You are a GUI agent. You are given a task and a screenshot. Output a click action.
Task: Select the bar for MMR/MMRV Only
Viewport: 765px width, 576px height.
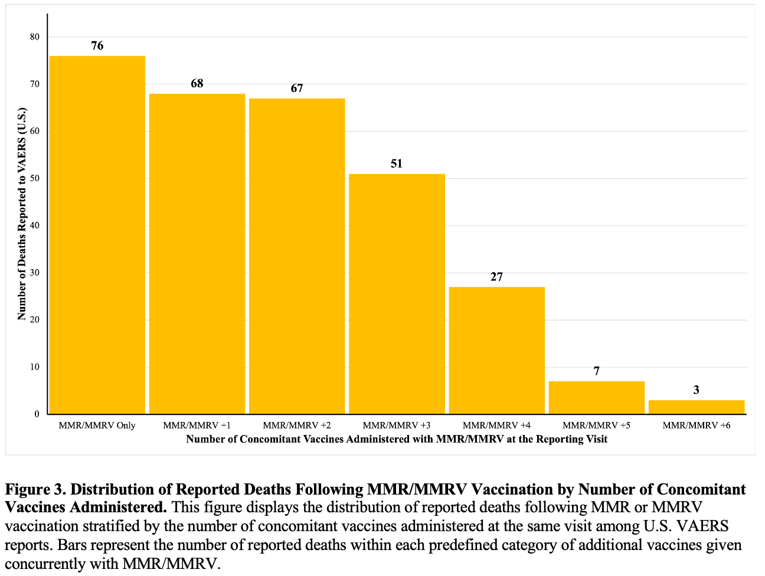pos(97,235)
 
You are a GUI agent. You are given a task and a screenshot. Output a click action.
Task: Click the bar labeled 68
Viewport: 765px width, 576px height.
pos(197,254)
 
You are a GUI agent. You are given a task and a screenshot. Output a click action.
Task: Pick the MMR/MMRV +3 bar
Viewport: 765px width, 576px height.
pos(397,294)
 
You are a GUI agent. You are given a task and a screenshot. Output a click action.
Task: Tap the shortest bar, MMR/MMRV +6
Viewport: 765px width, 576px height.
pos(697,407)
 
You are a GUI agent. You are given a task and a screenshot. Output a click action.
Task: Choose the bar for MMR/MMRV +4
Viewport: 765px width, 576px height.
pos(497,351)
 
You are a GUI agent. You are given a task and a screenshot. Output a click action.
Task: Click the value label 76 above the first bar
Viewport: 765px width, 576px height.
pos(97,45)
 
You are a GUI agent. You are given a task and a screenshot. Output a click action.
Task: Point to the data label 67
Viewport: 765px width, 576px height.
pos(297,88)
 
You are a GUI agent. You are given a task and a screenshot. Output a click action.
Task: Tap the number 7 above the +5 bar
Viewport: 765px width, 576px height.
pos(597,371)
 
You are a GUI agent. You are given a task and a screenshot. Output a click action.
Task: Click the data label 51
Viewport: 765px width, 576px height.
pos(397,163)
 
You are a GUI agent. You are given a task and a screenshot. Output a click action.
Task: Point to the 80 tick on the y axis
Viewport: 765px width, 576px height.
pos(35,37)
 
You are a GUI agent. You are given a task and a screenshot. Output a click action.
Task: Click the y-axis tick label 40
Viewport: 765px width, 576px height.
pos(35,225)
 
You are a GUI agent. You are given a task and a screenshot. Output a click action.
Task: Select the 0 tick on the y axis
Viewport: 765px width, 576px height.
pos(37,414)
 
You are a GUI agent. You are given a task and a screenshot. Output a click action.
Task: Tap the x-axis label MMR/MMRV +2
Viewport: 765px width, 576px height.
pos(297,425)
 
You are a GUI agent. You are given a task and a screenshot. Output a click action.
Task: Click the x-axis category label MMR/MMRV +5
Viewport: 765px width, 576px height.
pos(597,425)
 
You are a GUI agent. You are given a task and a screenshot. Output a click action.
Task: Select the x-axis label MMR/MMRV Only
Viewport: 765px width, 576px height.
pos(97,426)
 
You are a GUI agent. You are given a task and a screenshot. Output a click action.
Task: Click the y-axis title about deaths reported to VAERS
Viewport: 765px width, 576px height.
pos(22,214)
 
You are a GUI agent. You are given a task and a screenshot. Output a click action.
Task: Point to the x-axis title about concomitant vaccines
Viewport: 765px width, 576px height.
pos(397,439)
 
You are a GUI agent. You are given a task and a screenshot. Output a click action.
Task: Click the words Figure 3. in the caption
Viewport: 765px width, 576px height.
pos(35,490)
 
